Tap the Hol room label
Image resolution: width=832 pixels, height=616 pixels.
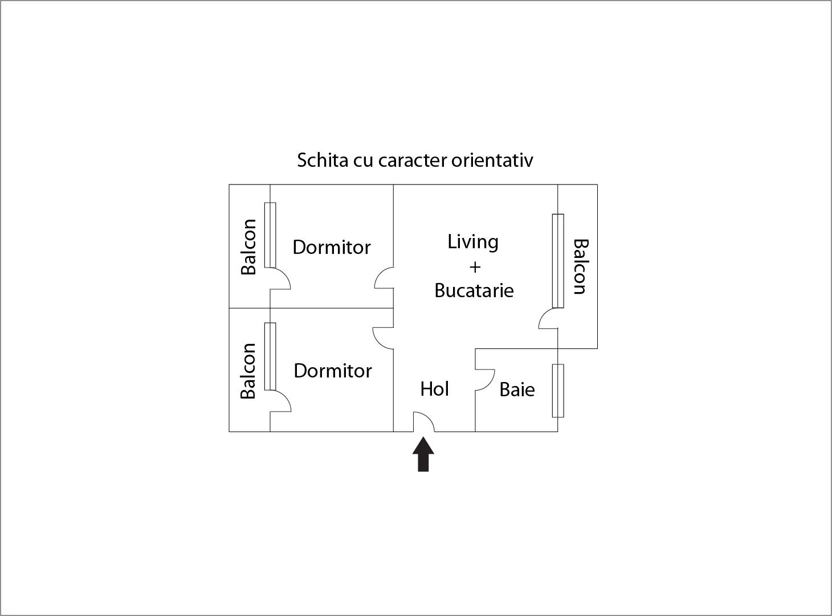tap(435, 389)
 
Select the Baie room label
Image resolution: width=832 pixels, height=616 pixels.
tap(517, 389)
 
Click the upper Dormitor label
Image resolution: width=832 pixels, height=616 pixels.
tap(332, 247)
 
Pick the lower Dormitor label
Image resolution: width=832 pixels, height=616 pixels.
tap(333, 371)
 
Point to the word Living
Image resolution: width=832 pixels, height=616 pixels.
tap(473, 242)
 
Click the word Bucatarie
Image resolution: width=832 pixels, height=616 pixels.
tap(474, 290)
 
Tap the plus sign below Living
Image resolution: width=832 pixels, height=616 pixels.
tap(475, 266)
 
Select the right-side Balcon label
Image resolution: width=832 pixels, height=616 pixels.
tap(580, 266)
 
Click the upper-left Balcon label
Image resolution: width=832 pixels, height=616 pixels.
tap(248, 247)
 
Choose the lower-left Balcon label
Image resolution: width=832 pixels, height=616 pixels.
tap(248, 371)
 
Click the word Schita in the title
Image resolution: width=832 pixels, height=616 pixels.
tap(323, 160)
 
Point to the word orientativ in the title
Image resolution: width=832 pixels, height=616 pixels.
tap(492, 160)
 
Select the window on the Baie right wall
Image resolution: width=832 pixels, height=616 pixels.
tap(558, 391)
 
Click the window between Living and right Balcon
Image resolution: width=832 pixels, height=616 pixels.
tap(558, 261)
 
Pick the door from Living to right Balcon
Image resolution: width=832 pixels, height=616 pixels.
tap(547, 319)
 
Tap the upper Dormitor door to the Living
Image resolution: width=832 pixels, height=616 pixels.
tap(383, 278)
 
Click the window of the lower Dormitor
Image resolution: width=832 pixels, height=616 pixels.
tap(270, 356)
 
